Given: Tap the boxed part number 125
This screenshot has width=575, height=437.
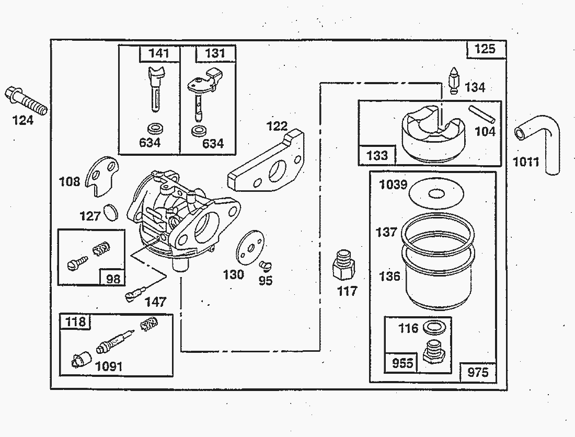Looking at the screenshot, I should click(485, 50).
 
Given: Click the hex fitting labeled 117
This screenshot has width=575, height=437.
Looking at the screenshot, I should click(343, 266).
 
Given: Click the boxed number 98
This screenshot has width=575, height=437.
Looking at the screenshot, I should click(113, 278).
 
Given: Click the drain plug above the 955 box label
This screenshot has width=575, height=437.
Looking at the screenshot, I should click(433, 352).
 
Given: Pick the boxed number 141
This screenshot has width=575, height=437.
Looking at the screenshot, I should click(159, 53).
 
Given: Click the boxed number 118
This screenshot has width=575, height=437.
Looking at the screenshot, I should click(76, 321).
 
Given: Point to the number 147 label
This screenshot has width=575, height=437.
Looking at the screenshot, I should click(155, 302).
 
